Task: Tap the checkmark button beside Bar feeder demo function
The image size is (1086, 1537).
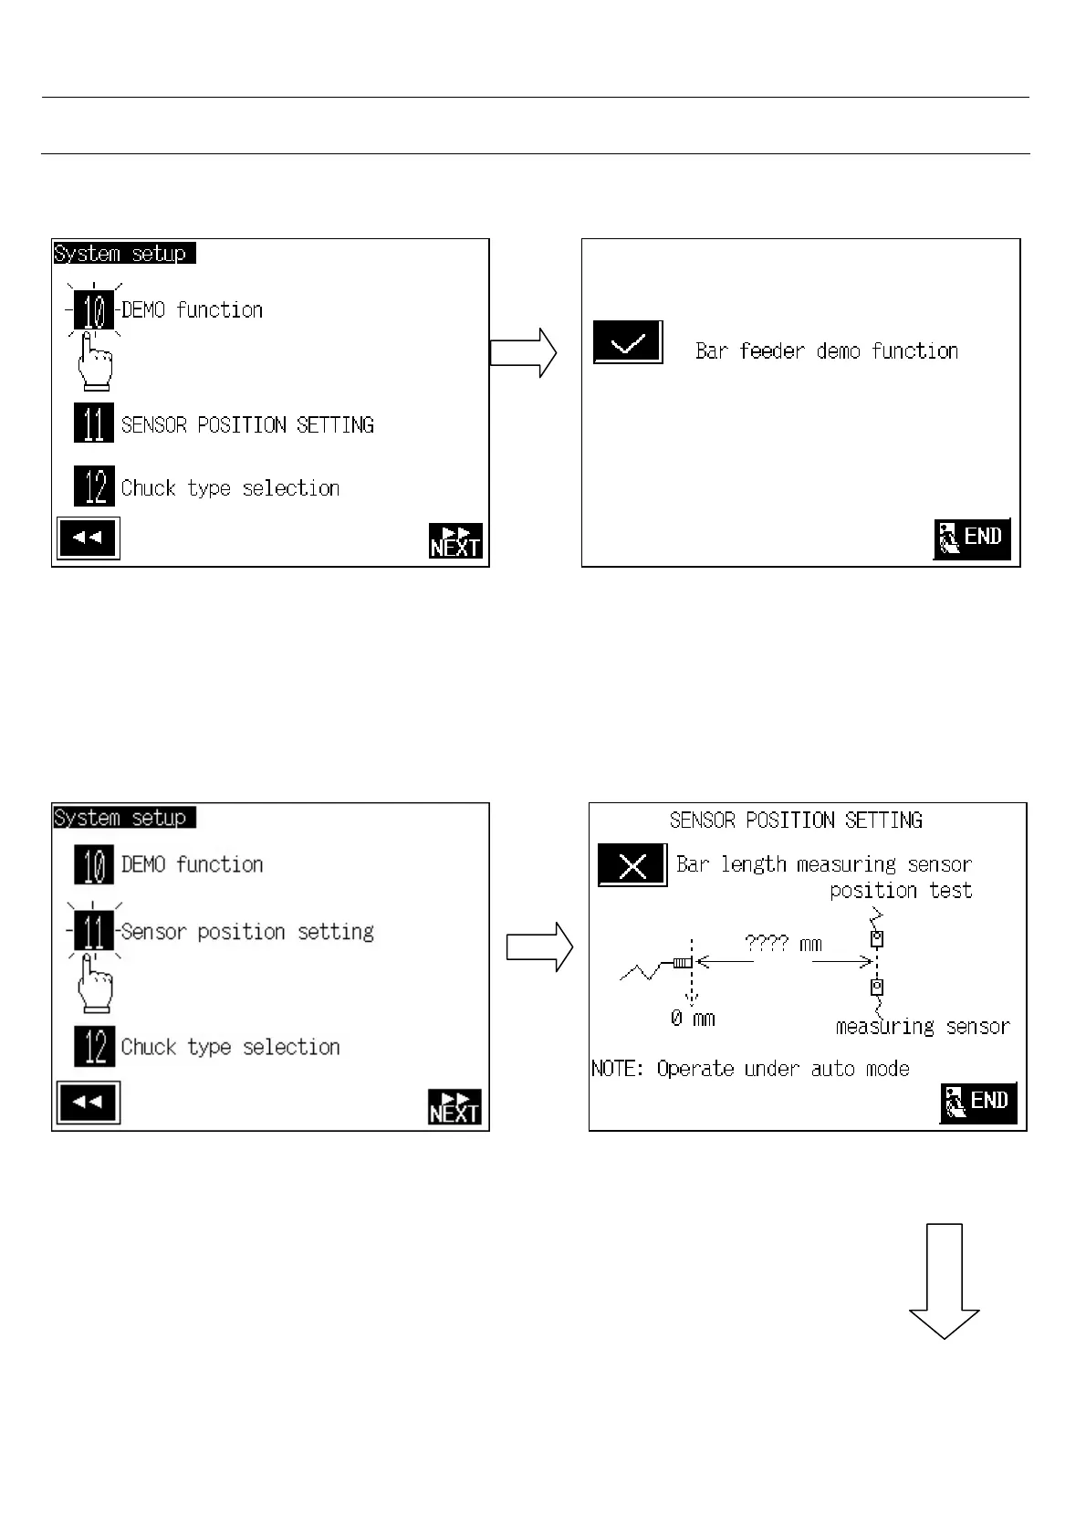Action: [x=628, y=343]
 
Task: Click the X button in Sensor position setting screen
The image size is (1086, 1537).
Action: [x=632, y=865]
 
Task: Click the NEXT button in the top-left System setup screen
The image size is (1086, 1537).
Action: [x=455, y=540]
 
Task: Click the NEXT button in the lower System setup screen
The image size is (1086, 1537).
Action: [x=455, y=1106]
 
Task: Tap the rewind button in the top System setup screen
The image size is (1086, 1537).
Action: [x=88, y=538]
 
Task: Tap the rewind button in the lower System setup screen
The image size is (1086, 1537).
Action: [x=88, y=1103]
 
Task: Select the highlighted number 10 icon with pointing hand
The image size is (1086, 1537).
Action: [x=94, y=310]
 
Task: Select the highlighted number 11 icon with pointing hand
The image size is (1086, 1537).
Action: [x=94, y=931]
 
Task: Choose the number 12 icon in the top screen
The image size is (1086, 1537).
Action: [x=94, y=486]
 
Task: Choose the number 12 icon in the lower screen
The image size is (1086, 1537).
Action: [x=94, y=1046]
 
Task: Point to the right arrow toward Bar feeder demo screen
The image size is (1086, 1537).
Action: [x=523, y=352]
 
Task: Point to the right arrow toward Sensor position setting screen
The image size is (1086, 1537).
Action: [x=539, y=947]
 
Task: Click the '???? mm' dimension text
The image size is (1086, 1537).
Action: [x=783, y=943]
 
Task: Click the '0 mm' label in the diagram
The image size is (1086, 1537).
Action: [x=693, y=1019]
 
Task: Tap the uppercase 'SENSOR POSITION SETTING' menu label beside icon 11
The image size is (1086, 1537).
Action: [x=247, y=424]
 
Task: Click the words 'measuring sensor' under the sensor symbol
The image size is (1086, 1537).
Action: [x=923, y=1027]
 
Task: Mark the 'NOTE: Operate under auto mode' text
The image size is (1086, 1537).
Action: [x=750, y=1069]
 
